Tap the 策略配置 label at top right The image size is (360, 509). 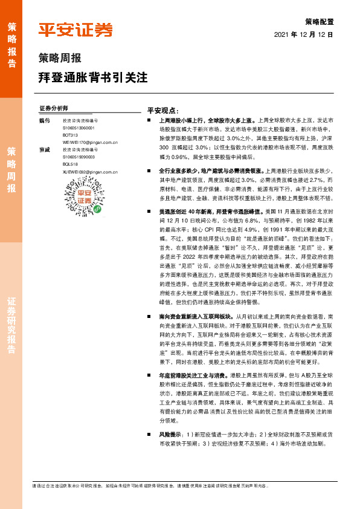point(320,21)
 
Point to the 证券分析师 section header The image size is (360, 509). point(53,108)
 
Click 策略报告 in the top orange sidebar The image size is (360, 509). point(11,46)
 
